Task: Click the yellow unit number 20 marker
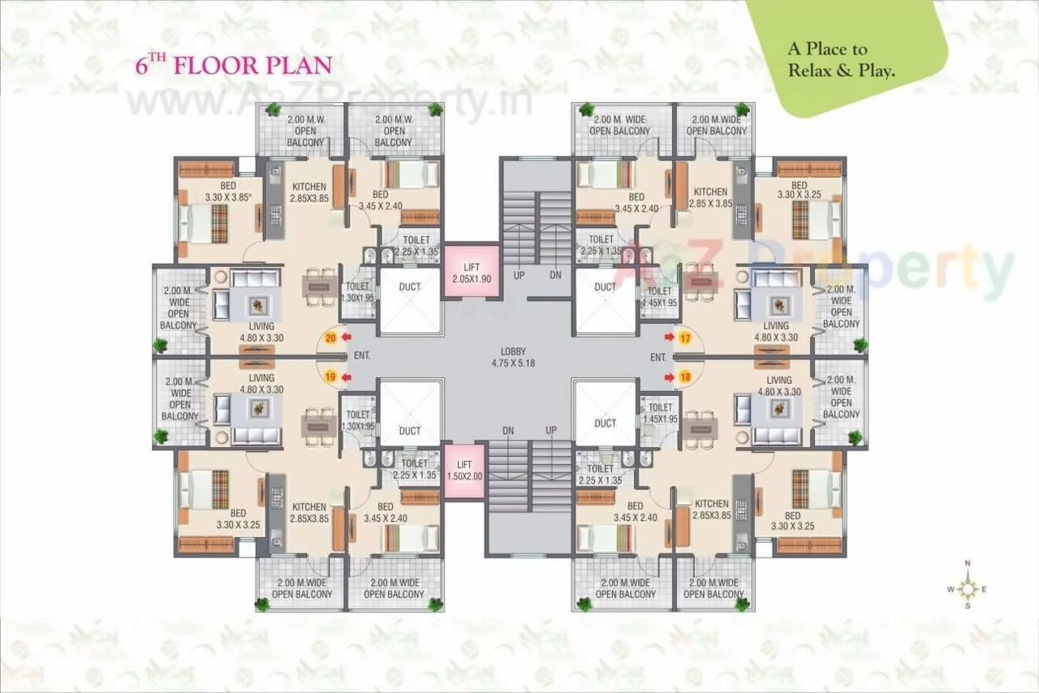click(331, 338)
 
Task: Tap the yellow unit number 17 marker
click(685, 338)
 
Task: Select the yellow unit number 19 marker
click(330, 377)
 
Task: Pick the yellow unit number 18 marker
click(685, 377)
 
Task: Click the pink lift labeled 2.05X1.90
click(472, 273)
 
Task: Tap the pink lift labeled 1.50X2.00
click(464, 471)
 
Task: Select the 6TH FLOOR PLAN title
click(234, 65)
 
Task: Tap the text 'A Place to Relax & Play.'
click(841, 61)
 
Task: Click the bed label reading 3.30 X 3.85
click(228, 192)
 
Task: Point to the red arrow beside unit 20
click(346, 338)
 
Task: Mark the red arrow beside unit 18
click(669, 377)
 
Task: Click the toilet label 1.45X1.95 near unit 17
click(660, 296)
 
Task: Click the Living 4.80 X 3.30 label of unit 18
click(778, 385)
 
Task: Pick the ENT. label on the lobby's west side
click(362, 356)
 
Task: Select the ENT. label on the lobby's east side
click(658, 357)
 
